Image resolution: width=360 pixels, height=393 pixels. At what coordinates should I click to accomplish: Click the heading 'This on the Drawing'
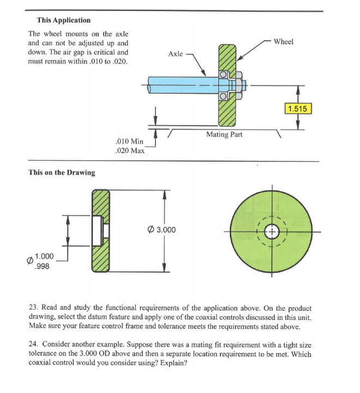click(61, 172)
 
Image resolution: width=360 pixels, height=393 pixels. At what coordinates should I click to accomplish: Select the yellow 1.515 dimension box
click(297, 108)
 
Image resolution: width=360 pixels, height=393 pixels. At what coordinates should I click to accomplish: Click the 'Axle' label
click(176, 53)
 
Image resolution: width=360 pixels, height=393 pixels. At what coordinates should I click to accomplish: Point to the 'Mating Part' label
click(224, 134)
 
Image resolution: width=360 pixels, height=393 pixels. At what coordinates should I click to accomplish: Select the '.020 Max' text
click(130, 151)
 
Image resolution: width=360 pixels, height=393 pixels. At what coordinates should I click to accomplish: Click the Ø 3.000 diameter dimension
click(161, 229)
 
